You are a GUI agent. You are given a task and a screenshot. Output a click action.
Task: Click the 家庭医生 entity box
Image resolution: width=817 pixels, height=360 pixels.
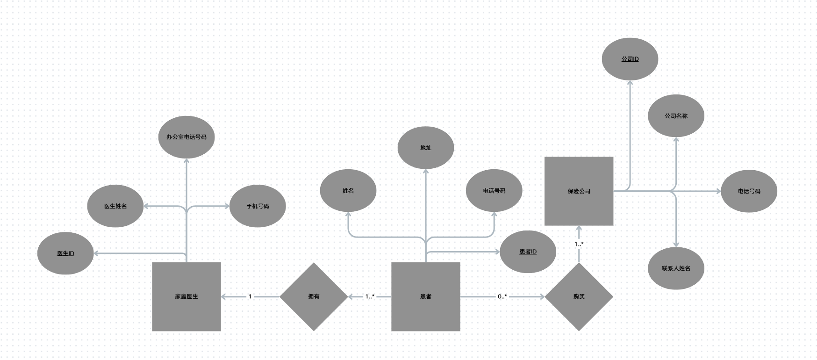pos(186,296)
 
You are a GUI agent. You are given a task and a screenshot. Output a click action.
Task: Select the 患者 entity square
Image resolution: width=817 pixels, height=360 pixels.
pos(426,296)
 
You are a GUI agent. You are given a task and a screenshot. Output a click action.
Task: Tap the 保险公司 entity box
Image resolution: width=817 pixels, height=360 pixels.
pos(579,191)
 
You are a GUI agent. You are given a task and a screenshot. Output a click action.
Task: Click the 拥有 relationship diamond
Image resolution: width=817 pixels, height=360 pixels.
pos(314,296)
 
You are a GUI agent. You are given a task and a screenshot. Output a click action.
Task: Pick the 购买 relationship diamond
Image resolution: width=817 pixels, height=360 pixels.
pos(579,296)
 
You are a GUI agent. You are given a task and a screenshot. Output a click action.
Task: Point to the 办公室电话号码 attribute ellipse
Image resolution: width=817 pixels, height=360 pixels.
pos(186,137)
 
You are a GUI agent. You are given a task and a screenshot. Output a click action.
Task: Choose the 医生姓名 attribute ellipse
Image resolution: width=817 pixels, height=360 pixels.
pos(115,206)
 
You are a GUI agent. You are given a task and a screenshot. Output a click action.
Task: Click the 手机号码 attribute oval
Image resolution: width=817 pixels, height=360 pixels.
pos(258,206)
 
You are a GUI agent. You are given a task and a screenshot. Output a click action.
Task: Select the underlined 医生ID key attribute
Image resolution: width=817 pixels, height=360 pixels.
pos(65,253)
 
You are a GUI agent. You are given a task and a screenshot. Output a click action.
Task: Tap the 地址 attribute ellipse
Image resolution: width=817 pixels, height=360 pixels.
pos(426,148)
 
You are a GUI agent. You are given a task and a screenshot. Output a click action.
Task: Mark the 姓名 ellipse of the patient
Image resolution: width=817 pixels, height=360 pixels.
pos(348,191)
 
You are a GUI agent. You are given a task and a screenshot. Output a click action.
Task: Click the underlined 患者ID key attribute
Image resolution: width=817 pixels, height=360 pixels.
pos(528,252)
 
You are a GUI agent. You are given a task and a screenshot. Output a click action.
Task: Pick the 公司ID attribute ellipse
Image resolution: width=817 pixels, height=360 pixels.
pos(630,59)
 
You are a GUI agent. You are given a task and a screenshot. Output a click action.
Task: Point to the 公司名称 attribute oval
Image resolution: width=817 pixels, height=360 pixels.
pos(676,116)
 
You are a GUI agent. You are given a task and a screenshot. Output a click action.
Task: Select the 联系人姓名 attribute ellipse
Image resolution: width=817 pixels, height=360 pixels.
pos(676,268)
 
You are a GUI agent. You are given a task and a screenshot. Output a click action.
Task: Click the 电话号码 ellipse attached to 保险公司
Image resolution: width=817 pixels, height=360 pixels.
pos(749,191)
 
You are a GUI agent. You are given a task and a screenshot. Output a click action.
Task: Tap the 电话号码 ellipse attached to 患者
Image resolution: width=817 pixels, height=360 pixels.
pos(494,191)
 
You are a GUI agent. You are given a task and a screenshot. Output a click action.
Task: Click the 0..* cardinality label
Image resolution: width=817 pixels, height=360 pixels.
pos(502,296)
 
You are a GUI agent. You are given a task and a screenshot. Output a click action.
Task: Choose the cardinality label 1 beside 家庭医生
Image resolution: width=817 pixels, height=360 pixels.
pos(250,296)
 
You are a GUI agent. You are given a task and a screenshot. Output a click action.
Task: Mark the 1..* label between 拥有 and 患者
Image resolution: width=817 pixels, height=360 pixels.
pos(370,296)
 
